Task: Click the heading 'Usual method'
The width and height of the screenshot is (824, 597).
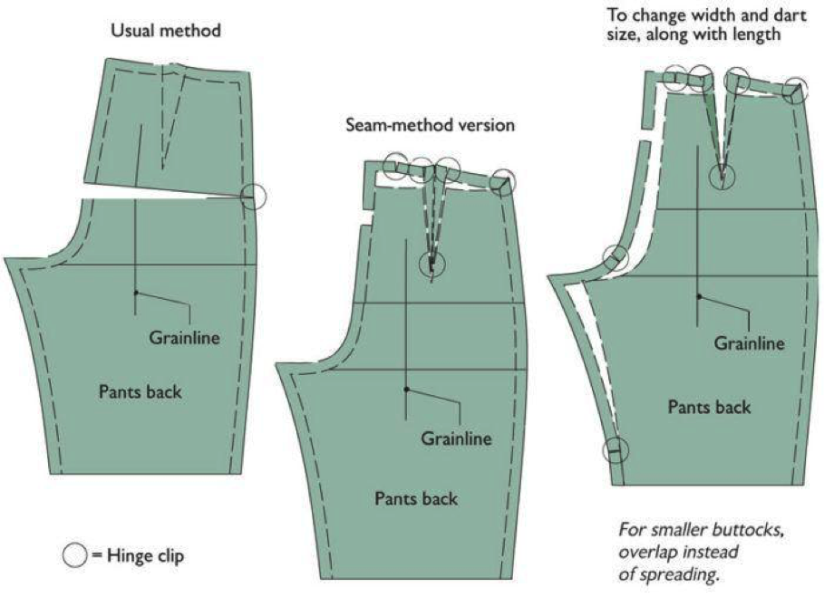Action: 165,31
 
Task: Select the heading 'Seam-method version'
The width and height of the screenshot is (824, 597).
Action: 430,125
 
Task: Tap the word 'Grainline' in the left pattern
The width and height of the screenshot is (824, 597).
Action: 185,338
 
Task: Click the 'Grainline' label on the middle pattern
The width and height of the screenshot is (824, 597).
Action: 456,439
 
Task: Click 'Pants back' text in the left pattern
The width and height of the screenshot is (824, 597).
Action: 140,392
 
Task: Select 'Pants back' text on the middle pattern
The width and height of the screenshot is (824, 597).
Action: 416,497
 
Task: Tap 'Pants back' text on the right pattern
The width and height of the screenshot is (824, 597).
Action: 709,407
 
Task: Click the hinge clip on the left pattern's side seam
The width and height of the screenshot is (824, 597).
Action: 254,196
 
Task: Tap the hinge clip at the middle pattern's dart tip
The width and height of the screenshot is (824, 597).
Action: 432,264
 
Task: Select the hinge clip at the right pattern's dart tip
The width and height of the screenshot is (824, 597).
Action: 722,175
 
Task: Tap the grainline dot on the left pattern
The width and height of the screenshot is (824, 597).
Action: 135,293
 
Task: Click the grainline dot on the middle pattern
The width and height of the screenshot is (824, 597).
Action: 407,390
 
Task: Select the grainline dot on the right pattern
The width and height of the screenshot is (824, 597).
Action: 699,296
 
